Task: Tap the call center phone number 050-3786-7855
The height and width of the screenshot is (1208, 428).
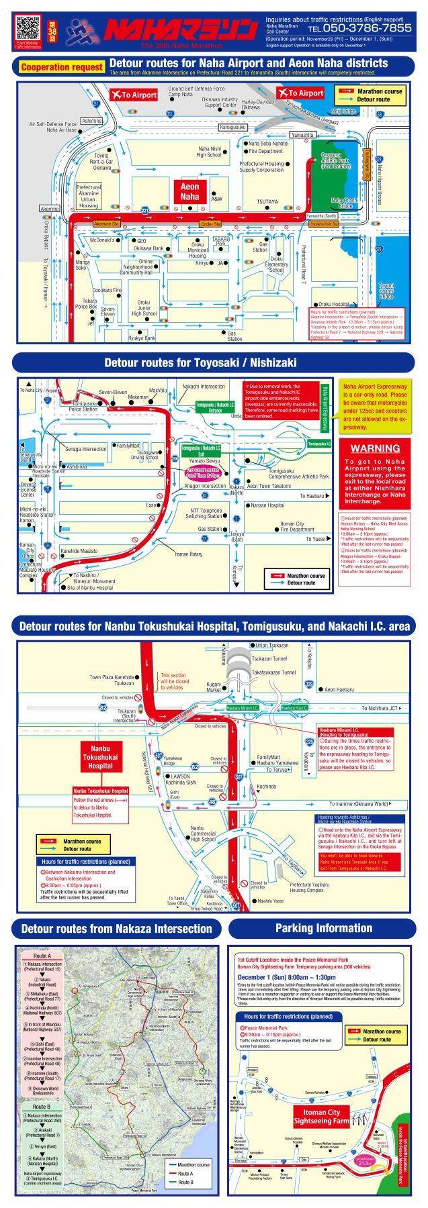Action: point(359,28)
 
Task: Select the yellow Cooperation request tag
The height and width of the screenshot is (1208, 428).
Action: point(62,67)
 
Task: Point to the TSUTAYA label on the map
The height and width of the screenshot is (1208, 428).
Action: point(267,201)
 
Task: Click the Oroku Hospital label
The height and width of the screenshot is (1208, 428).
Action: point(334,304)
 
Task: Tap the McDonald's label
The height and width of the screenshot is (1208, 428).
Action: point(102,240)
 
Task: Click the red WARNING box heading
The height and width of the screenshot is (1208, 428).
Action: point(375,448)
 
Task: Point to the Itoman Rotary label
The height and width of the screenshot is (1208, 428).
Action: point(189,554)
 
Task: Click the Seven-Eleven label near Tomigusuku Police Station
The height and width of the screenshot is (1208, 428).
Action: point(113,392)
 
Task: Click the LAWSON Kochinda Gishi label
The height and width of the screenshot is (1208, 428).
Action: point(183,779)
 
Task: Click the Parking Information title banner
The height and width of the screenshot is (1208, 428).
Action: point(323,928)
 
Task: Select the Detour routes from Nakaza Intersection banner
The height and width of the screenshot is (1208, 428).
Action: point(116,929)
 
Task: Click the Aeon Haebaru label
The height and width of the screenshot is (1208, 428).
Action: point(339,689)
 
